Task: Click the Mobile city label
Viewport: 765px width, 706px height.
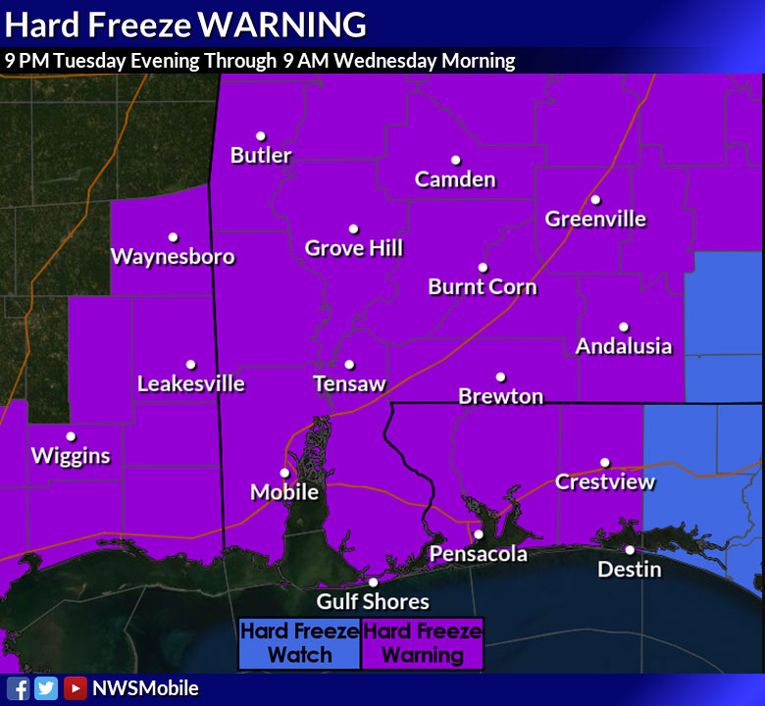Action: click(x=284, y=491)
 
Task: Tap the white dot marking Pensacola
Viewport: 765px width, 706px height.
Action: click(x=479, y=534)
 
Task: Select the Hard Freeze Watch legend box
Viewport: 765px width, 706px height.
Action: click(x=300, y=643)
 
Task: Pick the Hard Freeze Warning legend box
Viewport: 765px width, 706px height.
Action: click(x=423, y=643)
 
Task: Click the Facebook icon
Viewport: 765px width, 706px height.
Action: click(x=18, y=688)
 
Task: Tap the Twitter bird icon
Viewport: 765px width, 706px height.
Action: click(x=46, y=688)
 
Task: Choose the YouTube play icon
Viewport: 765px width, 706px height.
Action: click(x=75, y=688)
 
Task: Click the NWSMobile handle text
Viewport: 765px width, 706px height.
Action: click(x=145, y=688)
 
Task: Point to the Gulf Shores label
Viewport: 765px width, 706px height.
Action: click(x=373, y=601)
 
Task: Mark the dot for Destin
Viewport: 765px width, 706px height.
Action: click(x=630, y=550)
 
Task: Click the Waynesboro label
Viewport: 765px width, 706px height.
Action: click(x=173, y=257)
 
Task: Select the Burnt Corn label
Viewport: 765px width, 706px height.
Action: click(x=483, y=286)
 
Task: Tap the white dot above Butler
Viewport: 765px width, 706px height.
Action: click(x=261, y=136)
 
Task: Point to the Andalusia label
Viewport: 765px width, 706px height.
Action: click(x=624, y=346)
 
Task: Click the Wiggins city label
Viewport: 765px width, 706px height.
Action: click(x=71, y=456)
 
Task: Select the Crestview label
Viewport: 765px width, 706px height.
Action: click(x=605, y=481)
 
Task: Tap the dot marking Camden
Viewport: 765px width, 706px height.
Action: click(x=456, y=161)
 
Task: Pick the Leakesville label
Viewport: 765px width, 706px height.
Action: click(x=190, y=383)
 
